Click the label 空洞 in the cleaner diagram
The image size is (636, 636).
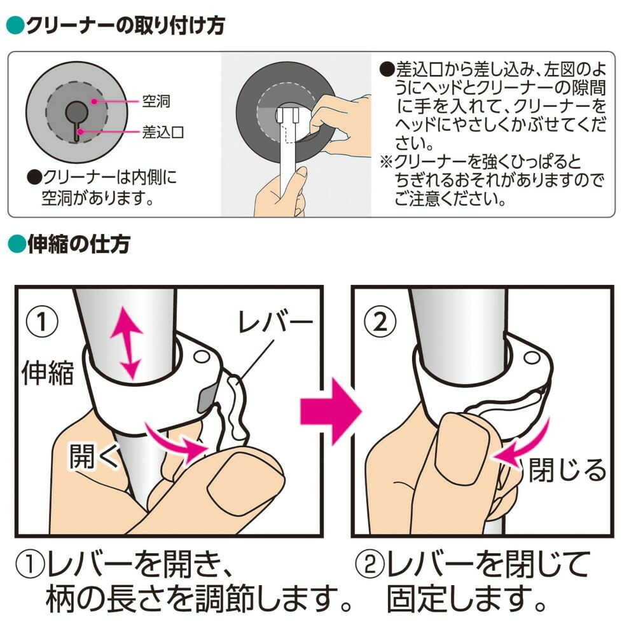(156, 100)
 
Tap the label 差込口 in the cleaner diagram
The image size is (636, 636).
(163, 132)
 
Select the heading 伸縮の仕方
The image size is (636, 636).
(79, 244)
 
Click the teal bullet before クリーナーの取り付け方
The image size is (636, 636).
(16, 25)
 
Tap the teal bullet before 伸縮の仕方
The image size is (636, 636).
(17, 244)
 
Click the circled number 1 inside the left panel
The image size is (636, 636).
(42, 322)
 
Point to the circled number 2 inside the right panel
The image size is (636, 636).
(380, 322)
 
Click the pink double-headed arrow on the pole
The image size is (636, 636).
(127, 343)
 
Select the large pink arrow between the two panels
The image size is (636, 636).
(331, 411)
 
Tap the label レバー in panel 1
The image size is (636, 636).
(275, 322)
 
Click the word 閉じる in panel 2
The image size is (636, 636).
(568, 470)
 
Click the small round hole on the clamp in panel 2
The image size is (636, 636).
(531, 357)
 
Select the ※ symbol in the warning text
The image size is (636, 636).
(386, 162)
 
